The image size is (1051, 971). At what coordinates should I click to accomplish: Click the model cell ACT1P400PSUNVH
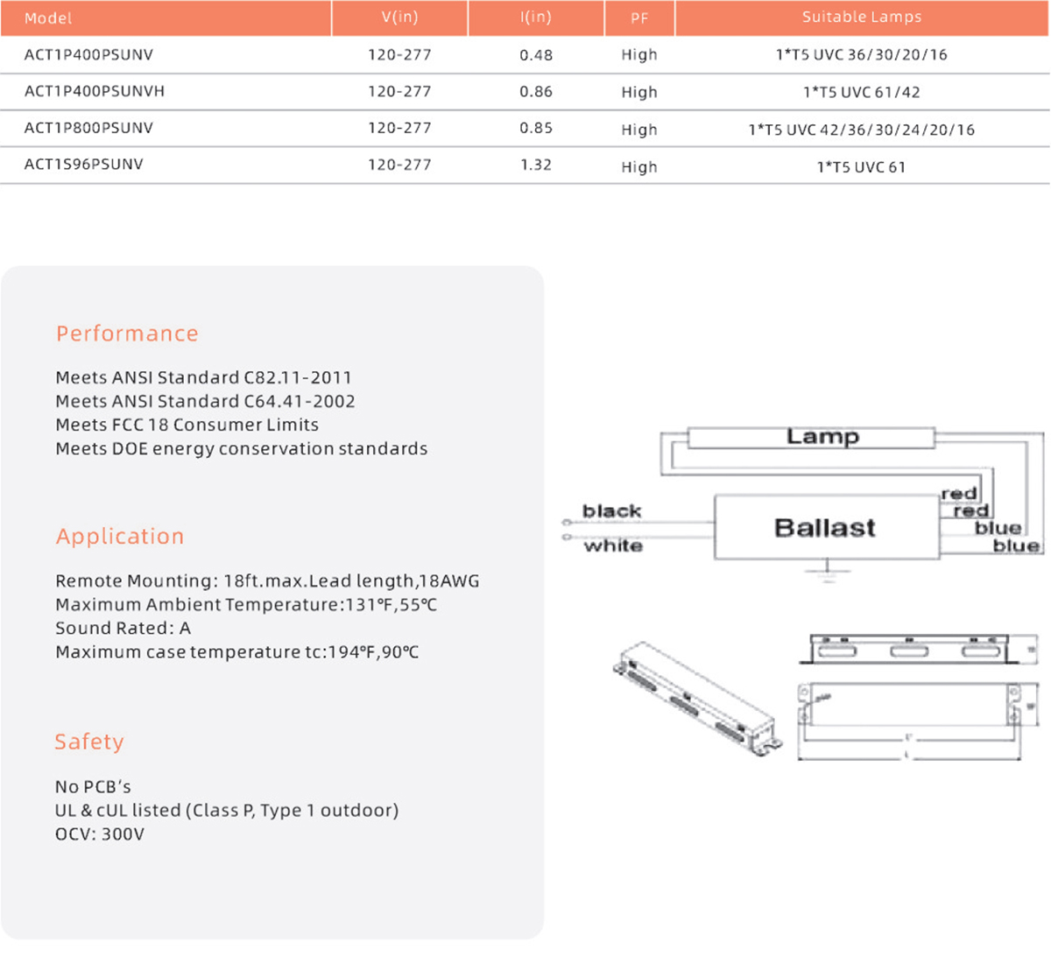point(95,91)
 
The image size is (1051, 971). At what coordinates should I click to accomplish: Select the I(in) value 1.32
point(535,165)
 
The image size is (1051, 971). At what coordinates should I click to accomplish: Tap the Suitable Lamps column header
point(862,17)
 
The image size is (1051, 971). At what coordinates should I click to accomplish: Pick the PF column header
point(639,18)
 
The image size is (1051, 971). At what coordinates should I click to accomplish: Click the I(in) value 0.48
point(535,54)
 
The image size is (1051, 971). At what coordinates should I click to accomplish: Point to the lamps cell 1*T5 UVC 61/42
point(862,92)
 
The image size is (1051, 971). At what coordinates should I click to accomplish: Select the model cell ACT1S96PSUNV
point(84,165)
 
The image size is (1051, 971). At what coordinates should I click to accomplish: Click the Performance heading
point(127,334)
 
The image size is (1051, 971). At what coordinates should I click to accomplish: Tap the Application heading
point(120,536)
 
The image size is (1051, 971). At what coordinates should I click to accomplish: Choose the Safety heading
point(89,742)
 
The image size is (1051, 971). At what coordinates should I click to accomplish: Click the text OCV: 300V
point(100,834)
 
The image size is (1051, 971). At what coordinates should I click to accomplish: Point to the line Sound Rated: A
point(123,628)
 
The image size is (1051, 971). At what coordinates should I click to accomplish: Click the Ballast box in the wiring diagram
point(826,527)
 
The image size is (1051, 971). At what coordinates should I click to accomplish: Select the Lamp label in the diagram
point(822,436)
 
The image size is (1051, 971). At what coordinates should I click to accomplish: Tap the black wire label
point(611,510)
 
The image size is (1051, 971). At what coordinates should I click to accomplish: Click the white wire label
point(613,545)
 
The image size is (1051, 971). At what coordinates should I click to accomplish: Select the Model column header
point(48,18)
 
